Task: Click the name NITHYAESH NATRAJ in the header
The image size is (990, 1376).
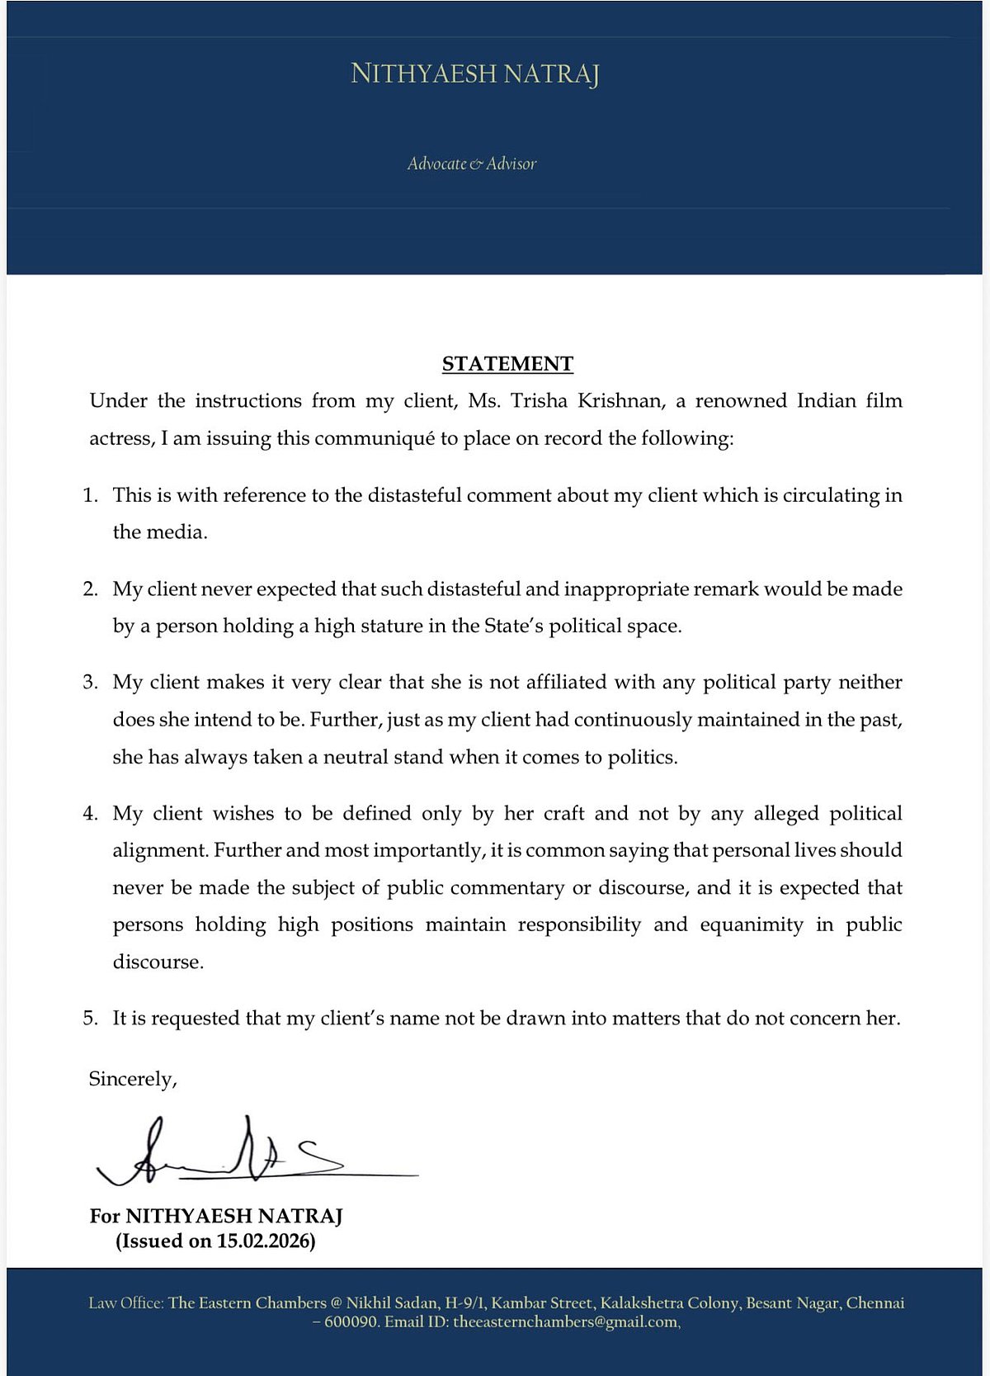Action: [474, 74]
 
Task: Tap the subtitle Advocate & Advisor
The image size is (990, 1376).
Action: [471, 163]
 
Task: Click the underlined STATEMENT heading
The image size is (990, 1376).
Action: [507, 364]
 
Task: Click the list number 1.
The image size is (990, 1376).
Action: [90, 495]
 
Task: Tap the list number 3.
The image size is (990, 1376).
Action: [90, 683]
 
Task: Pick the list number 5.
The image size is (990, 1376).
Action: [90, 1019]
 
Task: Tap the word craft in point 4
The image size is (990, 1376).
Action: [564, 814]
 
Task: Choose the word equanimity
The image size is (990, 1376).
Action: [752, 924]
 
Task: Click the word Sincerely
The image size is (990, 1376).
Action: [132, 1080]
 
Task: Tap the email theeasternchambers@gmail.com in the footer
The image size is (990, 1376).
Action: [566, 1322]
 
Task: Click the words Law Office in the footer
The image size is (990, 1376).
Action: [125, 1303]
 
